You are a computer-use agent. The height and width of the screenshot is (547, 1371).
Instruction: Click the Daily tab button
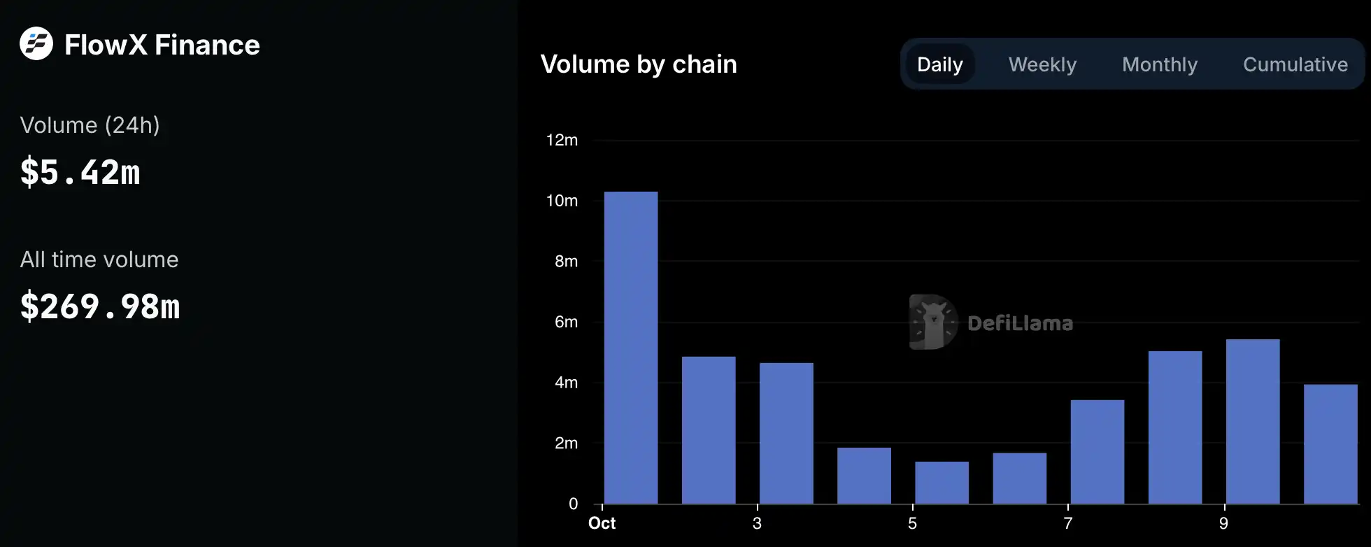(939, 64)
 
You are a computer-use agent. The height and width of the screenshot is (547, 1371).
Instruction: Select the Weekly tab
(1042, 64)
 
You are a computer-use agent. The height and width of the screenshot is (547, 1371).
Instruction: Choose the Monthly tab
(1160, 64)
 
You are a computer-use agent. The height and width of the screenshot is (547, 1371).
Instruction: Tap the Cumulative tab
(1295, 64)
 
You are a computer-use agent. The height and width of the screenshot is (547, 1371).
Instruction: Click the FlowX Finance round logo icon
(36, 43)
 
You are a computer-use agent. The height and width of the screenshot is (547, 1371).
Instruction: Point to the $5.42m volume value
(80, 172)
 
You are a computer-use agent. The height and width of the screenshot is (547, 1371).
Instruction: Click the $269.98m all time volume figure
(100, 306)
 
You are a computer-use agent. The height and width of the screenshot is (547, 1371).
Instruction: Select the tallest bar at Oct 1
(631, 348)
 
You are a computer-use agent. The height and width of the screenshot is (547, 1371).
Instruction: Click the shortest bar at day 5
(942, 483)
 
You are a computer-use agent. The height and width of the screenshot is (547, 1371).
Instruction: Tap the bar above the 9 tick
(1253, 422)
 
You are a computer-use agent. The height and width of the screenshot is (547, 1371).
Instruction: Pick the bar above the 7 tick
(1097, 452)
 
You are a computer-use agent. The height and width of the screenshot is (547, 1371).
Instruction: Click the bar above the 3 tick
(786, 433)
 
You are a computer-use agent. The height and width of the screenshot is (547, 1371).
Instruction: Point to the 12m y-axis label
(562, 140)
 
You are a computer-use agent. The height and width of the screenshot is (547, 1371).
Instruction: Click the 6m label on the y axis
(566, 322)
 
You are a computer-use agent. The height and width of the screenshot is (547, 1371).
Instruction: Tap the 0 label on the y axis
(574, 504)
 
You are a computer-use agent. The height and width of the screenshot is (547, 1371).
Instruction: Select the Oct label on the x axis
(602, 523)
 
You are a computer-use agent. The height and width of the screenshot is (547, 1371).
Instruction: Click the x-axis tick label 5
(912, 523)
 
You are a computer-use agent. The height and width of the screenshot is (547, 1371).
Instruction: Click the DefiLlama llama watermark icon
(933, 322)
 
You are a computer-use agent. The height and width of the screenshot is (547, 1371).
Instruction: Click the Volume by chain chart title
(639, 64)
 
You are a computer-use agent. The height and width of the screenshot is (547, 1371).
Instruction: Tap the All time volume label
(99, 260)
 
